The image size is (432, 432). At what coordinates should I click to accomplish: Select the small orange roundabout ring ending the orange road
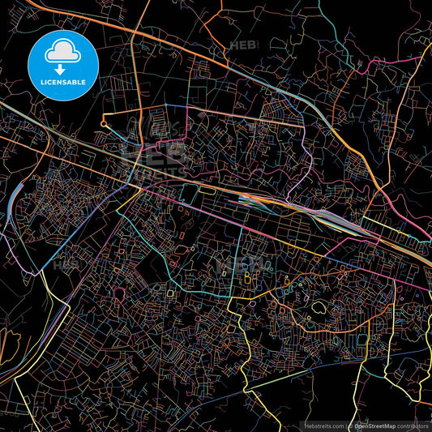click(x=104, y=124)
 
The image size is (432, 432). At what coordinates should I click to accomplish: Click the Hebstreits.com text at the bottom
click(x=324, y=426)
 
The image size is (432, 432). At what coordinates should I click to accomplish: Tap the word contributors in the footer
click(x=414, y=426)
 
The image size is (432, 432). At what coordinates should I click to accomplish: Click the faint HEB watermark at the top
click(x=243, y=45)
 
